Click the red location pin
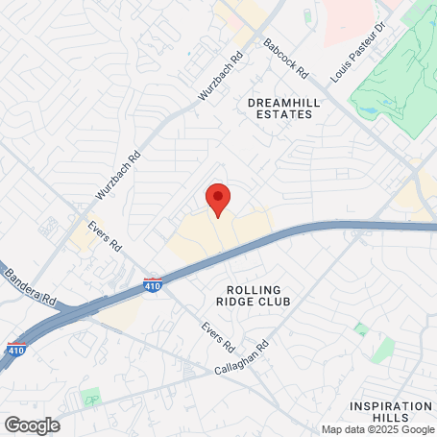[x=218, y=199]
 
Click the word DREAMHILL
[x=280, y=101]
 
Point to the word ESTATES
[x=280, y=114]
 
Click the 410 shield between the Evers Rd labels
[x=152, y=284]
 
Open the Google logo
[x=32, y=425]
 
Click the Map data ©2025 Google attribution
[x=376, y=429]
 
